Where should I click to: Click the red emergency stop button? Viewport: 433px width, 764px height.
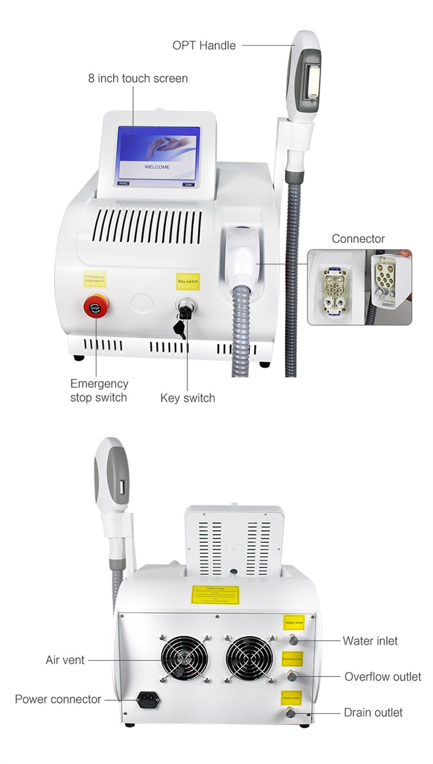coord(95,308)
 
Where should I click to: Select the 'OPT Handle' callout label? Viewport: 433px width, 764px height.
coord(204,45)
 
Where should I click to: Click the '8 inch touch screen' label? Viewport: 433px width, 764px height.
coord(138,78)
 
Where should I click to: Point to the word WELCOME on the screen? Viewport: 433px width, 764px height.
coord(157,167)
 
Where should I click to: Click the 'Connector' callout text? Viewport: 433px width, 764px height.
coord(358,239)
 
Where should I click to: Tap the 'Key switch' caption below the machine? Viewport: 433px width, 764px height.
coord(187,398)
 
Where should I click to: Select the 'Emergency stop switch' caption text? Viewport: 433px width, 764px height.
coord(99,391)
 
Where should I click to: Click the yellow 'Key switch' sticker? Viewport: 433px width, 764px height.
coord(188,282)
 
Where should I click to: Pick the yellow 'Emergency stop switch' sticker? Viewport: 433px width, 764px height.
coord(95,279)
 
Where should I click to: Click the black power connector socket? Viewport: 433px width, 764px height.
coord(148,700)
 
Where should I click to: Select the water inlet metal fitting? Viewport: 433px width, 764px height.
coord(292,641)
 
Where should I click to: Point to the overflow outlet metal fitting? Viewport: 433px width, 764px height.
coord(292,676)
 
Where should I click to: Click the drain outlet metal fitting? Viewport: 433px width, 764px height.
coord(291,713)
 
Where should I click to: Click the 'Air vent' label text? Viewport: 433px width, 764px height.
coord(65,660)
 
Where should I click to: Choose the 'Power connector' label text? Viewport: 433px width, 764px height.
coord(58,699)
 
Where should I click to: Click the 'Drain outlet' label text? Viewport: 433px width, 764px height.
coord(373,713)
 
